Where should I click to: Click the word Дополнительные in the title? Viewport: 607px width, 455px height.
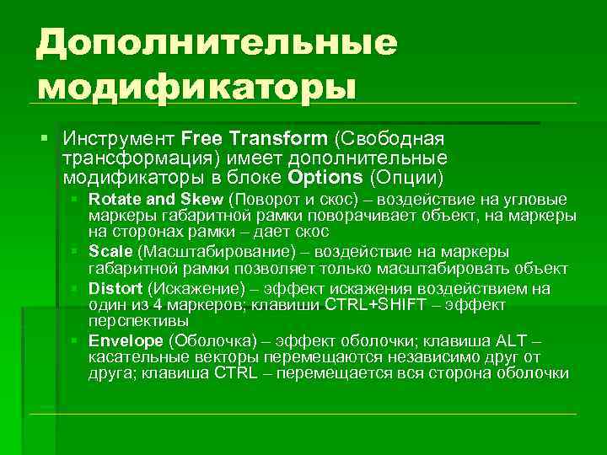216,42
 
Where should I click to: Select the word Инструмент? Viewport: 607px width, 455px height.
119,137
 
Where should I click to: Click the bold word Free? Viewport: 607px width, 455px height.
200,137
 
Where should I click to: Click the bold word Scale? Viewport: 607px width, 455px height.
110,252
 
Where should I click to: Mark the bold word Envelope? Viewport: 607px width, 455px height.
126,341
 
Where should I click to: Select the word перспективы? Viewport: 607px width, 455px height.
141,321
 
